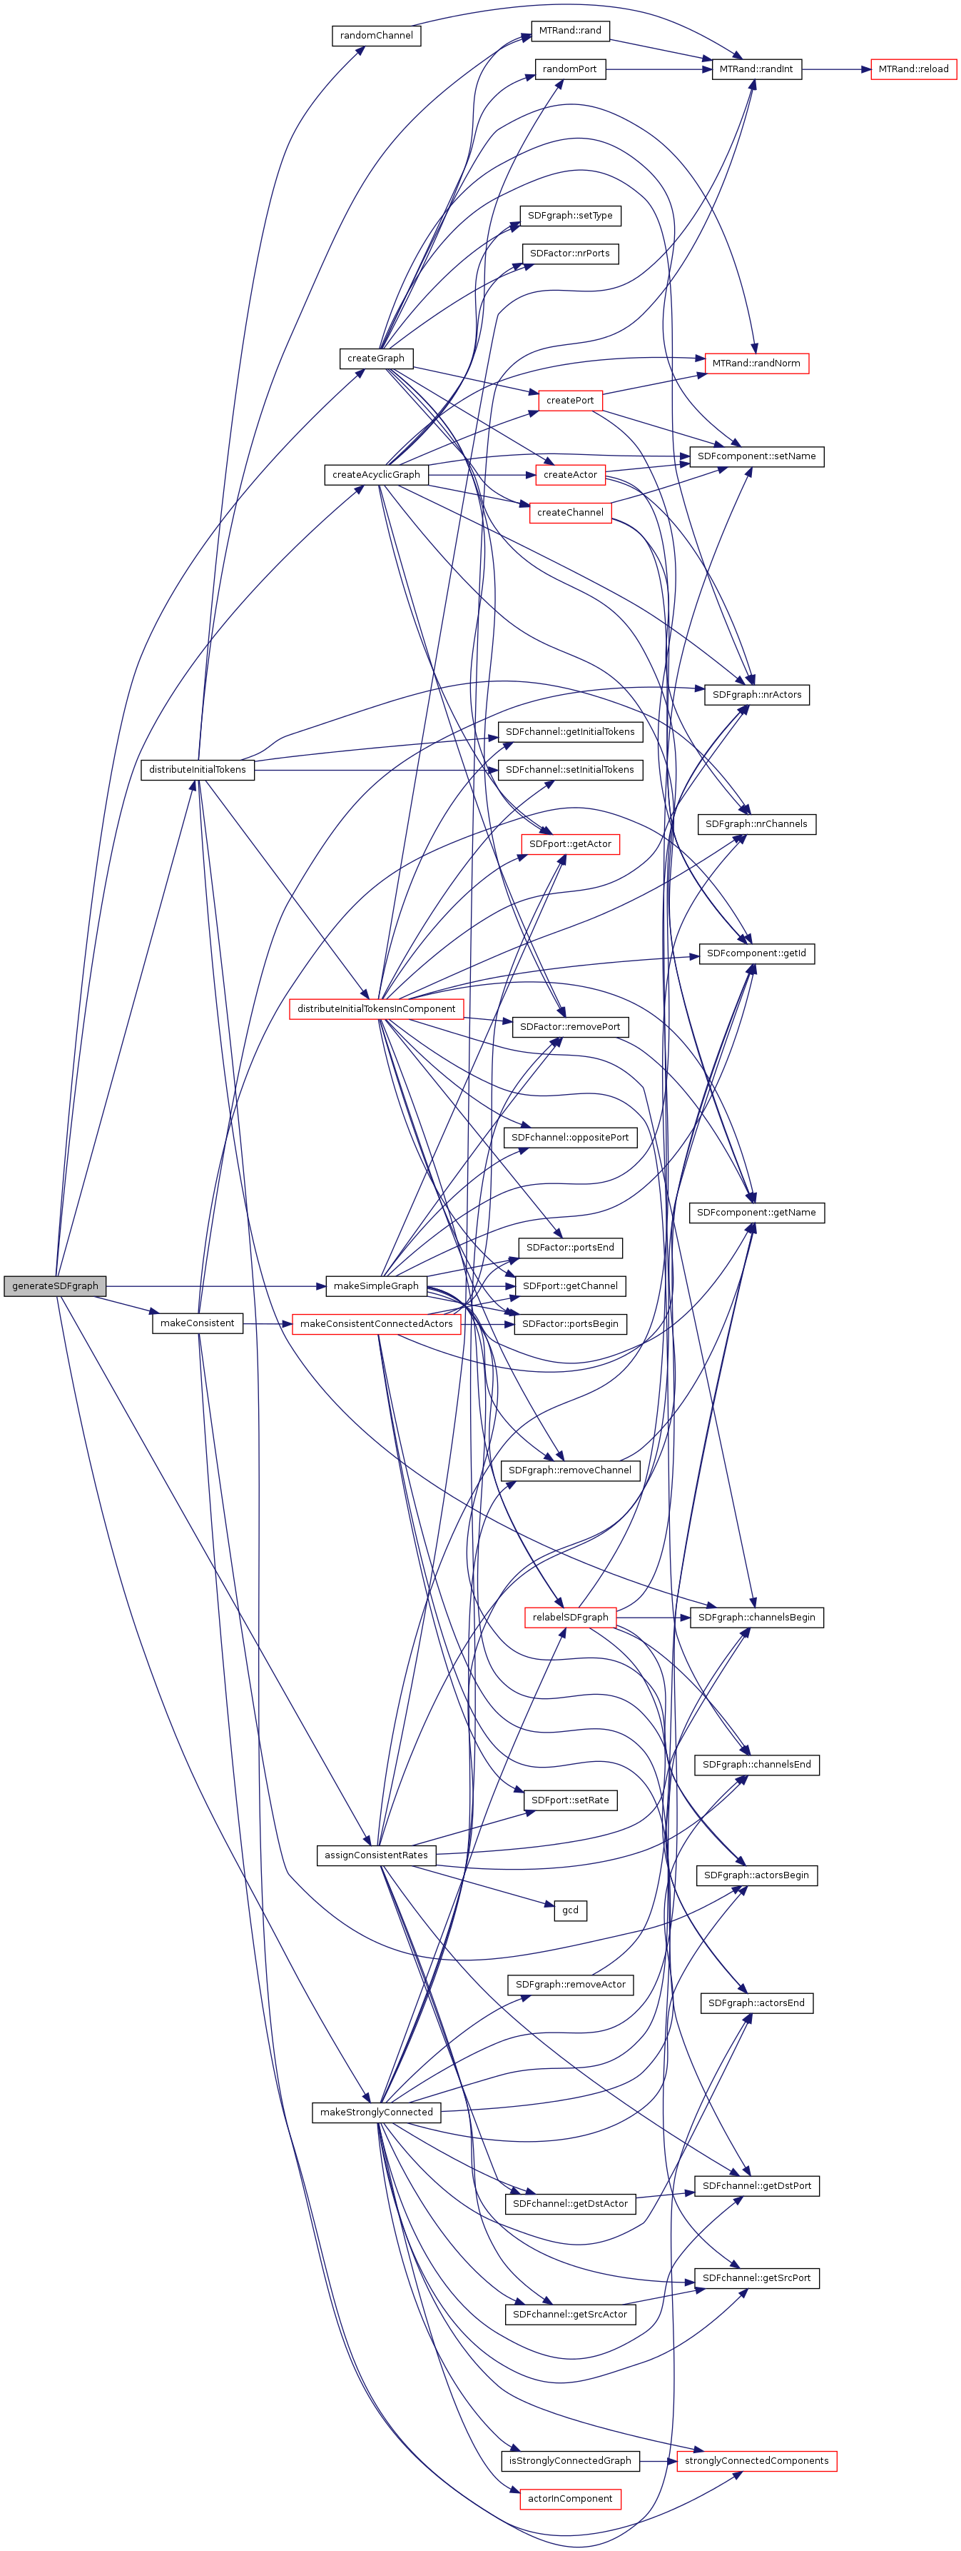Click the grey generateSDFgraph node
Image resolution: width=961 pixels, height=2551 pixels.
point(54,1285)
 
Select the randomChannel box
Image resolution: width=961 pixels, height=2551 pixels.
point(376,36)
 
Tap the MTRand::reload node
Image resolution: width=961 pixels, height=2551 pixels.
point(912,69)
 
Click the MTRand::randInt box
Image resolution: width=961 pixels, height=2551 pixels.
point(756,69)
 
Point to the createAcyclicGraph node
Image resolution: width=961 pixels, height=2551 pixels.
point(376,474)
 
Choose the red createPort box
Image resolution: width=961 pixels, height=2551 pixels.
point(570,400)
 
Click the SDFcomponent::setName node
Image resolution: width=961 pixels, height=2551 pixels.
point(756,456)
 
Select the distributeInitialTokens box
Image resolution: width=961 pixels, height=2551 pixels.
point(198,769)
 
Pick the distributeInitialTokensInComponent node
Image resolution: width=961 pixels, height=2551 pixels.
point(376,1009)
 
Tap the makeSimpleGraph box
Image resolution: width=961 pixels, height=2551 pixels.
point(376,1285)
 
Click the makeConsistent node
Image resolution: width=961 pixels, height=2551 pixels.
point(198,1323)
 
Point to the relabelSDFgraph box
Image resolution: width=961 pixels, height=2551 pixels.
point(570,1617)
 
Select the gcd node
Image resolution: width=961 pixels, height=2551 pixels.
point(570,1910)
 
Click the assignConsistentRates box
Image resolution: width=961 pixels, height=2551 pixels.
point(376,1855)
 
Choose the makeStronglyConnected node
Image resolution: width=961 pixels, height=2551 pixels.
point(376,2113)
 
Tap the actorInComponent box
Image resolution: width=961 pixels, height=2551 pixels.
point(570,2499)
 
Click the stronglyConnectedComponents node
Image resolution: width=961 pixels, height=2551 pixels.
point(756,2461)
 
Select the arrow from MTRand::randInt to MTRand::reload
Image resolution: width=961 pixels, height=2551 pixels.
point(836,69)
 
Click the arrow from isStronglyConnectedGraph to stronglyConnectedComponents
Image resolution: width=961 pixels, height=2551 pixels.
point(659,2461)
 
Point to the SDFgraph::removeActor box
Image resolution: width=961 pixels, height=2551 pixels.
point(570,1985)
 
